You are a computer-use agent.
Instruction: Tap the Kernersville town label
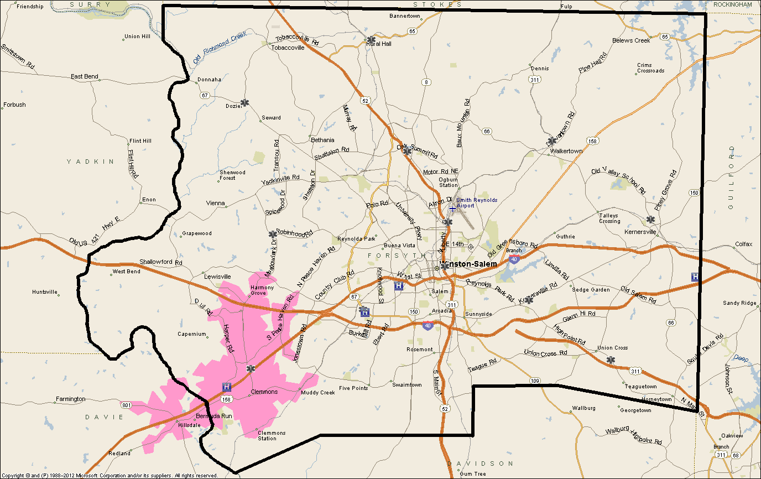point(640,232)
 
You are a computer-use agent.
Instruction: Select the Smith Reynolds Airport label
point(477,202)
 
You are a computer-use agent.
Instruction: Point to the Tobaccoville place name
point(288,48)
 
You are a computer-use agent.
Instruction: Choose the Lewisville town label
point(217,276)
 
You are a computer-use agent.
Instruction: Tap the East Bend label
point(84,76)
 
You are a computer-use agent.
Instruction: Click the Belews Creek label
point(631,40)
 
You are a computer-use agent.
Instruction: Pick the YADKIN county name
point(90,162)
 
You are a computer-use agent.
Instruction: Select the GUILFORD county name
point(731,177)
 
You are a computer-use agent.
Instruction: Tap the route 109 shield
point(534,381)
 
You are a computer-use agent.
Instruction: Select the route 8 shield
point(426,82)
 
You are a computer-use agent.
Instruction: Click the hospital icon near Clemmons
point(226,387)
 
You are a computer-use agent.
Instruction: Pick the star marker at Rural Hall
point(371,40)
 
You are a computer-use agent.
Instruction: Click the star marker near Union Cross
point(611,361)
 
